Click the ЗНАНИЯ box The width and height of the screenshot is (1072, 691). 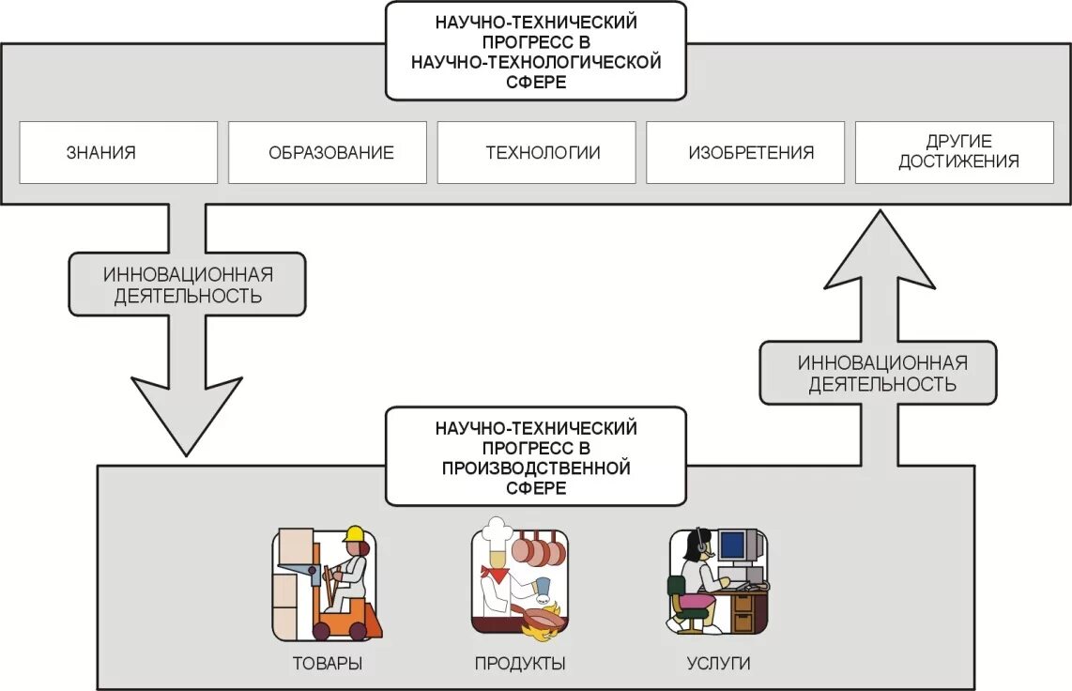118,152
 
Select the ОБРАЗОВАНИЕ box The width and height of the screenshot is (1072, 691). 327,152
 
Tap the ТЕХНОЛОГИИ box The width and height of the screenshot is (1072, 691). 536,152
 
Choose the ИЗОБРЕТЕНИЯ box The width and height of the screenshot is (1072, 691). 745,152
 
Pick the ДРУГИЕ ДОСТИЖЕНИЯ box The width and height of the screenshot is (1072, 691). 957,152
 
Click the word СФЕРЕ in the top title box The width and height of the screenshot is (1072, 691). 536,83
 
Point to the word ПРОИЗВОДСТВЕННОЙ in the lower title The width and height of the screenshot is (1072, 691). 536,468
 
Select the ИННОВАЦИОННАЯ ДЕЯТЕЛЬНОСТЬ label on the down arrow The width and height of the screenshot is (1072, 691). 187,284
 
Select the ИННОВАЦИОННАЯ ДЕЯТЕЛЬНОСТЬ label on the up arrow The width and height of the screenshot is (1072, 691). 878,373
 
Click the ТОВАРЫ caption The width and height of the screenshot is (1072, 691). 327,664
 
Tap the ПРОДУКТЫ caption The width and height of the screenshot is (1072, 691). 519,664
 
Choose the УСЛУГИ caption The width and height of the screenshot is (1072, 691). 718,664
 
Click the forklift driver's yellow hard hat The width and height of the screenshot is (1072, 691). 354,535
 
